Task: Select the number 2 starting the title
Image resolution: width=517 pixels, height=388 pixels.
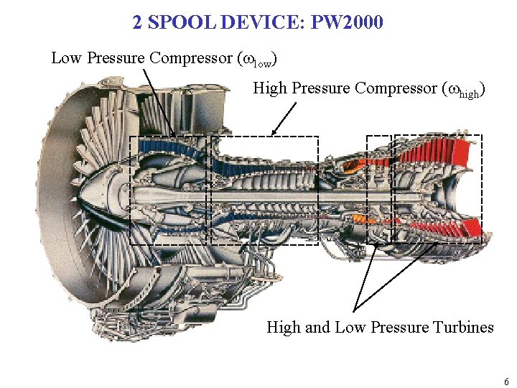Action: point(138,23)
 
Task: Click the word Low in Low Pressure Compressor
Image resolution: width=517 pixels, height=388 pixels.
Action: point(66,58)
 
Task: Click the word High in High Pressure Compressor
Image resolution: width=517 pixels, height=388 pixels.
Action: point(269,88)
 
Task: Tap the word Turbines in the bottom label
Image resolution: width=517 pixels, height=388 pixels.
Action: point(463,328)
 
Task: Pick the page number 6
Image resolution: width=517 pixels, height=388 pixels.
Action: point(506,382)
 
